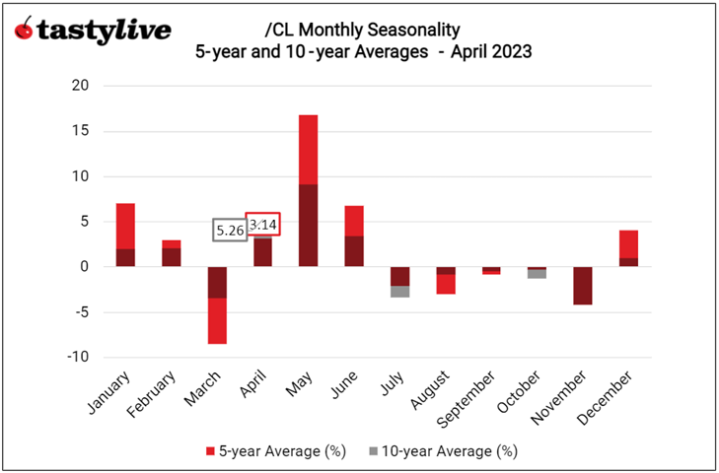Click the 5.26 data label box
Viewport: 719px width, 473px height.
[229, 230]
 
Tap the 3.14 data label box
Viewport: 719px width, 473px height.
[262, 225]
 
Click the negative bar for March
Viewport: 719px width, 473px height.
[217, 304]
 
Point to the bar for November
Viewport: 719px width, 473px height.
[582, 286]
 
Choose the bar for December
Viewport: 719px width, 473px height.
[628, 248]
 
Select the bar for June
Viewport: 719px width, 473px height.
[354, 236]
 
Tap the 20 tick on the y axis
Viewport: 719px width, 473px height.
[81, 86]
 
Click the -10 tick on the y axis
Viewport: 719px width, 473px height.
[78, 357]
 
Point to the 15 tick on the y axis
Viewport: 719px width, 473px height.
[81, 131]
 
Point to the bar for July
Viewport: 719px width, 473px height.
[399, 282]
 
